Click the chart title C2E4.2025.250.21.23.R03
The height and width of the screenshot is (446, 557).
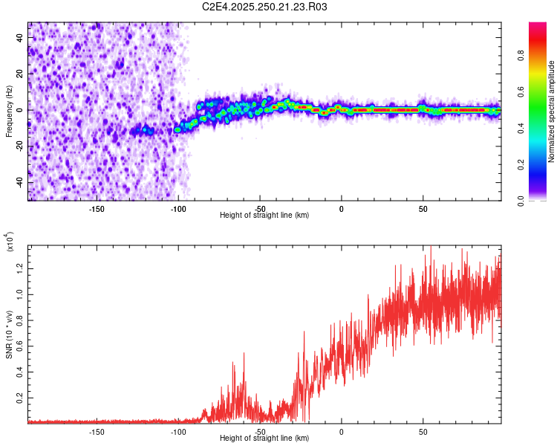point(264,7)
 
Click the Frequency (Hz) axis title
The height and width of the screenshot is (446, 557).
point(9,111)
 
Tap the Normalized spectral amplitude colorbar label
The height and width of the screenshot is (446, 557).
point(552,111)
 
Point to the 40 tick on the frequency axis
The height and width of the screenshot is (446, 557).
point(20,38)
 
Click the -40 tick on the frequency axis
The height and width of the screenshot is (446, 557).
point(20,182)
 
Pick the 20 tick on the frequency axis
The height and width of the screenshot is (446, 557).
point(20,74)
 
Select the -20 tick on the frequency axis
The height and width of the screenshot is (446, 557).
point(20,146)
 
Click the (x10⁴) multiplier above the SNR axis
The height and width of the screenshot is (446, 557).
point(10,242)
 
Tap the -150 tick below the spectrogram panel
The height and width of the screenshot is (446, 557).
point(97,209)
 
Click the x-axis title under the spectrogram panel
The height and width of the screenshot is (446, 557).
point(264,216)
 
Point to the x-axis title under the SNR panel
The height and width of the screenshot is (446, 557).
point(264,439)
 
